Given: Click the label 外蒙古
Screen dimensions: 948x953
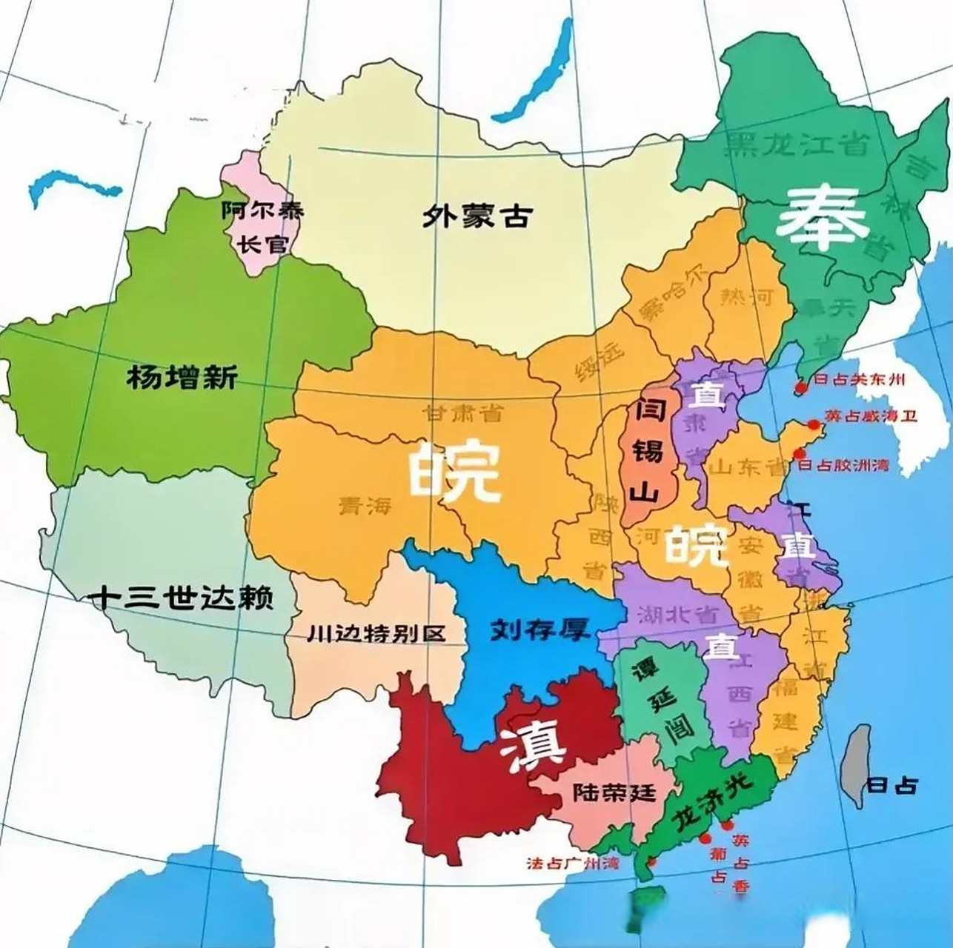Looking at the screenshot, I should (478, 216).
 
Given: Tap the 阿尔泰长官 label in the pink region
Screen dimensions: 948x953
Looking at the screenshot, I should (263, 227).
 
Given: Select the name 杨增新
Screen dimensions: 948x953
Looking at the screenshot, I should (182, 378).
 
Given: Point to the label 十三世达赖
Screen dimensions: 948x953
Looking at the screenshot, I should (180, 597).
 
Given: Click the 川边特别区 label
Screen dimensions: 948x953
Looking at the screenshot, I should (376, 634).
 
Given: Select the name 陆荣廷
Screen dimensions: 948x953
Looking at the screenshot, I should (614, 792).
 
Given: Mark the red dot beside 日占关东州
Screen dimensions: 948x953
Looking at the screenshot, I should (800, 386).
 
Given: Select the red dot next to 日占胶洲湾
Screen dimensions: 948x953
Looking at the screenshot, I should (800, 455).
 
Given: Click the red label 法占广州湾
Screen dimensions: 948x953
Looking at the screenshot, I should (571, 864).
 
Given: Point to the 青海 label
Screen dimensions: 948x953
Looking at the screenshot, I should (365, 506).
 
